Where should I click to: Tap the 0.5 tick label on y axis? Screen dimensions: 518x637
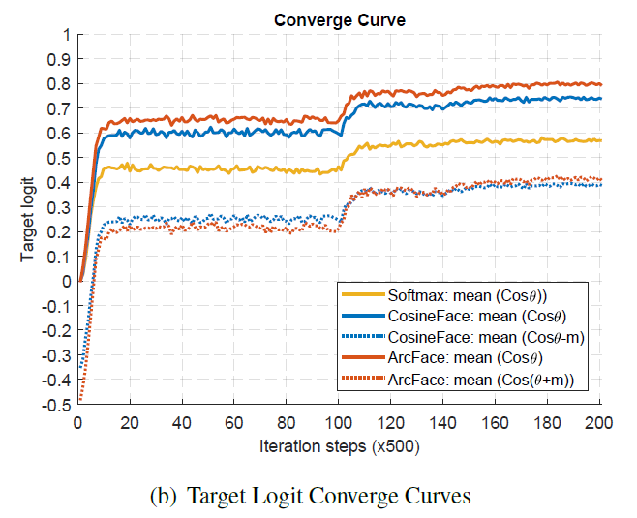tap(59, 158)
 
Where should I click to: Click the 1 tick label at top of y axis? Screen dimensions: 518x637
tap(65, 35)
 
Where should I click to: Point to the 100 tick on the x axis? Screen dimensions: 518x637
tap(339, 422)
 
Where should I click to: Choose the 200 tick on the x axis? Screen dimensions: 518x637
tap(600, 422)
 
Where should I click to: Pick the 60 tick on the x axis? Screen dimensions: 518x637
tap(234, 422)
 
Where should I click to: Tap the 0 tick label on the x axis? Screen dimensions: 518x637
tap(78, 422)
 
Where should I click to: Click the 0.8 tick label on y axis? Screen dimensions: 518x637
tap(59, 84)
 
